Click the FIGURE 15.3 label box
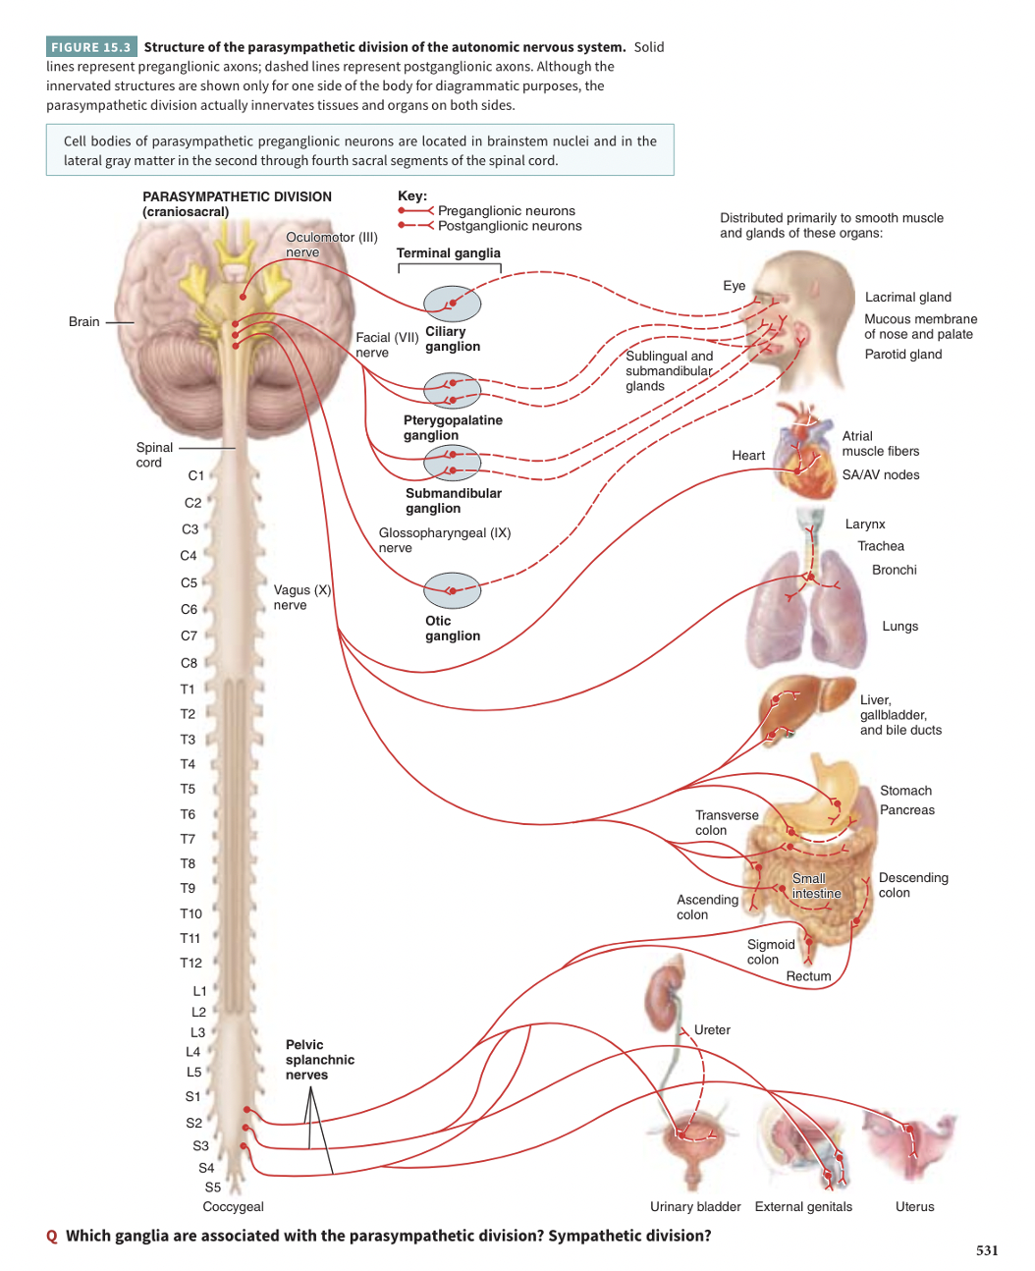click(90, 47)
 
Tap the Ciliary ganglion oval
click(452, 304)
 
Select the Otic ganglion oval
click(452, 591)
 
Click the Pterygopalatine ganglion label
click(453, 427)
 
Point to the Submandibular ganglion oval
click(452, 462)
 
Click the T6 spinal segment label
click(188, 814)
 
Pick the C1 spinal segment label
click(196, 475)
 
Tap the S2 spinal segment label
click(194, 1123)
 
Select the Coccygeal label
click(233, 1206)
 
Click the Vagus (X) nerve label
click(301, 597)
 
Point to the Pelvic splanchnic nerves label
click(320, 1060)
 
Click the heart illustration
click(805, 452)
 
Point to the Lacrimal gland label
click(907, 297)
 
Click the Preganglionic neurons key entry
click(506, 211)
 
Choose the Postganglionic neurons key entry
click(509, 226)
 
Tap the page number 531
click(987, 1250)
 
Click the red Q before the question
click(52, 1237)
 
